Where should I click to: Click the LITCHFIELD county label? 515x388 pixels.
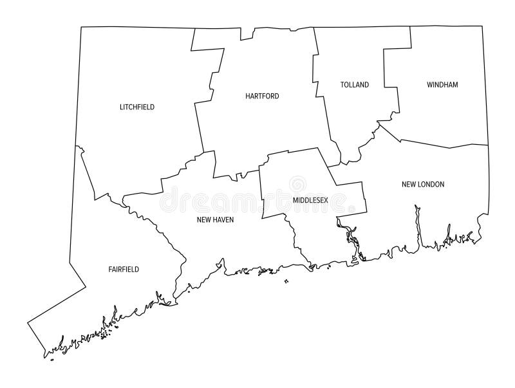(137, 107)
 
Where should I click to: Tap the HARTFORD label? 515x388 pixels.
(262, 96)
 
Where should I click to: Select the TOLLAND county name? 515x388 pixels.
(355, 85)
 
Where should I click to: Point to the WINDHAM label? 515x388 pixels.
(442, 84)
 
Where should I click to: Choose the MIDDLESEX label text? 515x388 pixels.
(310, 200)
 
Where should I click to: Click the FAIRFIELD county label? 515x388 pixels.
(124, 269)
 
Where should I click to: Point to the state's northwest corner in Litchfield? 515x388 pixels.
(80, 27)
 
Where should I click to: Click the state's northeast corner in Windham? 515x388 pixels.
(482, 26)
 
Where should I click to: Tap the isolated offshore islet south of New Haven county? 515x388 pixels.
(286, 281)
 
